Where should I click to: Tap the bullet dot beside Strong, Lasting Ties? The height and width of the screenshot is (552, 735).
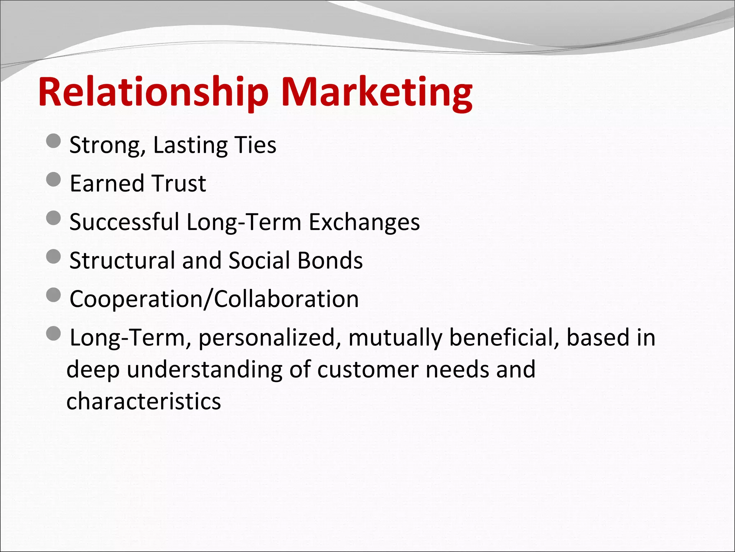coord(53,141)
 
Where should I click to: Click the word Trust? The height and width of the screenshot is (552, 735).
coord(178,183)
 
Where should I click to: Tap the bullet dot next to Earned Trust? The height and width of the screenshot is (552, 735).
coord(53,179)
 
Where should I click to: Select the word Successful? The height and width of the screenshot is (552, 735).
coord(124,222)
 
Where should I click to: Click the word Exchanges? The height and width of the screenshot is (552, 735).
coord(364,222)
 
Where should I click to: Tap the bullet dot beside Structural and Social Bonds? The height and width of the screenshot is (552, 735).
coord(53,257)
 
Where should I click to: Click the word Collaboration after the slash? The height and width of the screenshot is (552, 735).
coord(286,299)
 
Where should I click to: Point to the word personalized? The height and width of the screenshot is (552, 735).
coord(266,338)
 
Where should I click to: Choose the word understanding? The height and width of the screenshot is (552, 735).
coord(205,369)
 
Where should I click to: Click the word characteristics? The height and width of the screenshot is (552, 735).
coord(144,401)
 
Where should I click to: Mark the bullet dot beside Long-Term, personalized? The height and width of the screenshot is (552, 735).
coord(53,334)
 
